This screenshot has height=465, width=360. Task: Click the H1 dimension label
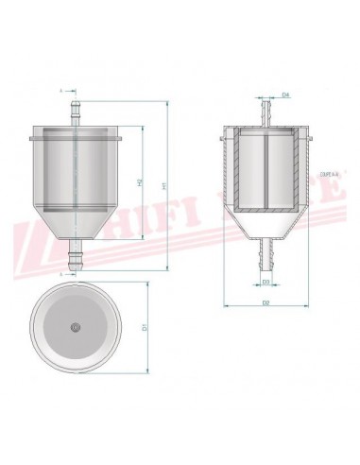(164, 188)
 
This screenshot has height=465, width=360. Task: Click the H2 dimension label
(140, 181)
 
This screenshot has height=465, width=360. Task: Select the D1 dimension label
(144, 326)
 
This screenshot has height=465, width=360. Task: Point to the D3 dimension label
(266, 281)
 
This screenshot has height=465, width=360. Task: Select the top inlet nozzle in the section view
(266, 112)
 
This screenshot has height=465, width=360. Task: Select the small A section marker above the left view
(61, 93)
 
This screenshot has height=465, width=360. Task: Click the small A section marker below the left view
(61, 273)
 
